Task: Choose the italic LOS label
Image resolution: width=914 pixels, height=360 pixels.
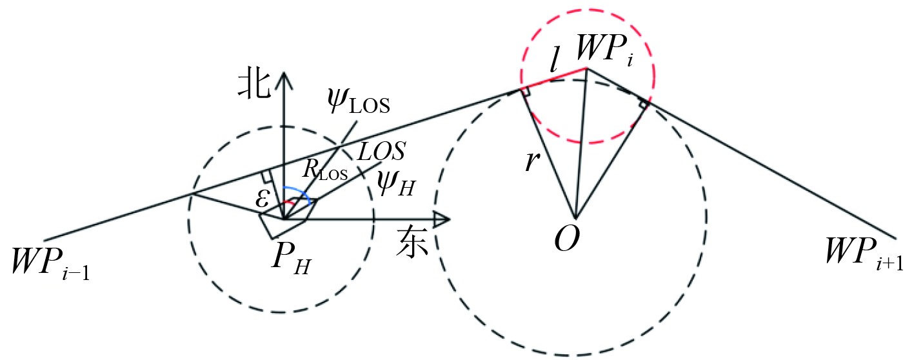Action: point(381,152)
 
